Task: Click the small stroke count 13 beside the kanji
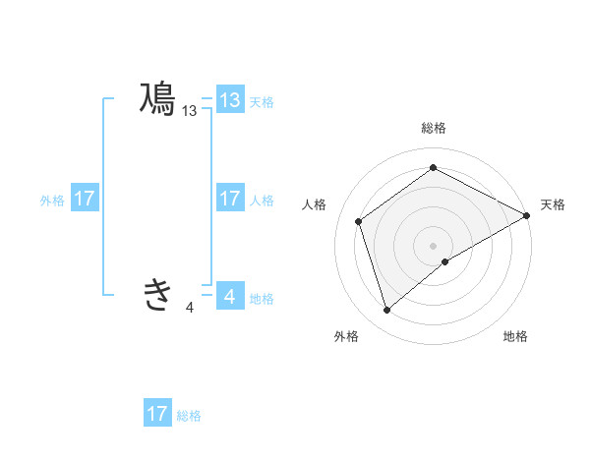click(190, 112)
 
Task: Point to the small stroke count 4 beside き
click(190, 308)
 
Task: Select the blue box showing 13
click(230, 100)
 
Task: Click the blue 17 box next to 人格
click(230, 199)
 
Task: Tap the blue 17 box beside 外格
click(85, 199)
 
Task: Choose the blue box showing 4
click(230, 295)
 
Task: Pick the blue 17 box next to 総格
click(157, 414)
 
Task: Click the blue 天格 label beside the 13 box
click(262, 101)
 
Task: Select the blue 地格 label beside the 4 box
click(262, 299)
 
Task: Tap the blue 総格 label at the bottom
click(189, 416)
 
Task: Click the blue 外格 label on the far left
click(52, 201)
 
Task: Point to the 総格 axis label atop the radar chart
click(433, 128)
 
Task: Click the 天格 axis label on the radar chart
click(554, 204)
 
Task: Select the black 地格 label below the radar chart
click(515, 337)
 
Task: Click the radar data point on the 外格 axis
click(386, 311)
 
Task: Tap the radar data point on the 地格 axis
click(445, 261)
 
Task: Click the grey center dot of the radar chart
click(433, 245)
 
